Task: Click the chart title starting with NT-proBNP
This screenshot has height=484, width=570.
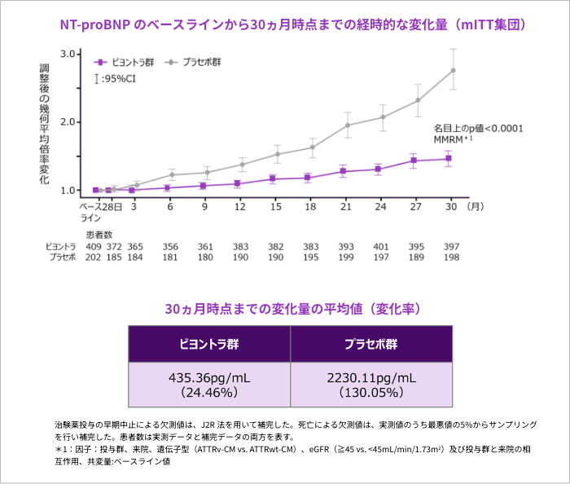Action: click(285, 24)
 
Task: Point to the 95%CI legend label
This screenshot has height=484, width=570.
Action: click(117, 79)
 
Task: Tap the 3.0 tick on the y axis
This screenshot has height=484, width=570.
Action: click(68, 54)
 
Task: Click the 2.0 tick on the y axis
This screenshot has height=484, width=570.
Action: click(68, 122)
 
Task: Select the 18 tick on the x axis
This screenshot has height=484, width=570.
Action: click(310, 207)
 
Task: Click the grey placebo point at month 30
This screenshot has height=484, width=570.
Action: click(453, 70)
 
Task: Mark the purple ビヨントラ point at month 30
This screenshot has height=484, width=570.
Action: click(449, 158)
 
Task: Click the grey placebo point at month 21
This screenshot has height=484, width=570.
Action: click(348, 125)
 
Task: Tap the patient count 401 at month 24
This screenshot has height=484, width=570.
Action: click(380, 246)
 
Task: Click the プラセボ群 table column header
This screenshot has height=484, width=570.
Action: click(370, 344)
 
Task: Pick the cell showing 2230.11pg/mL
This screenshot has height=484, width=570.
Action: click(370, 385)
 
